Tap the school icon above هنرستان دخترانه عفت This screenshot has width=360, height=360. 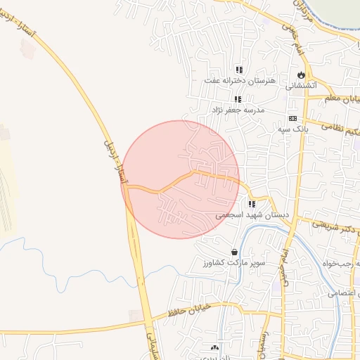tap(239, 70)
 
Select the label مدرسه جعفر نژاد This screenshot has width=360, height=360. tap(238, 110)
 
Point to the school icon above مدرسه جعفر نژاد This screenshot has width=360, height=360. tap(238, 99)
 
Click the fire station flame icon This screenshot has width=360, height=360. tap(301, 75)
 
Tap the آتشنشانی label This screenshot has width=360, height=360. tap(301, 85)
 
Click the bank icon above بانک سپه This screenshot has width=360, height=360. tap(292, 119)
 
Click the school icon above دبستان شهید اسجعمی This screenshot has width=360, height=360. tap(252, 204)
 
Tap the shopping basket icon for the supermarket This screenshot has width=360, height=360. tap(234, 252)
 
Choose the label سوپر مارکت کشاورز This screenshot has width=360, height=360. tap(230, 263)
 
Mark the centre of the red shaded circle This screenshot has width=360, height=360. tap(181, 179)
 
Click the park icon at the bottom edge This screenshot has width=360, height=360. tap(214, 347)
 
